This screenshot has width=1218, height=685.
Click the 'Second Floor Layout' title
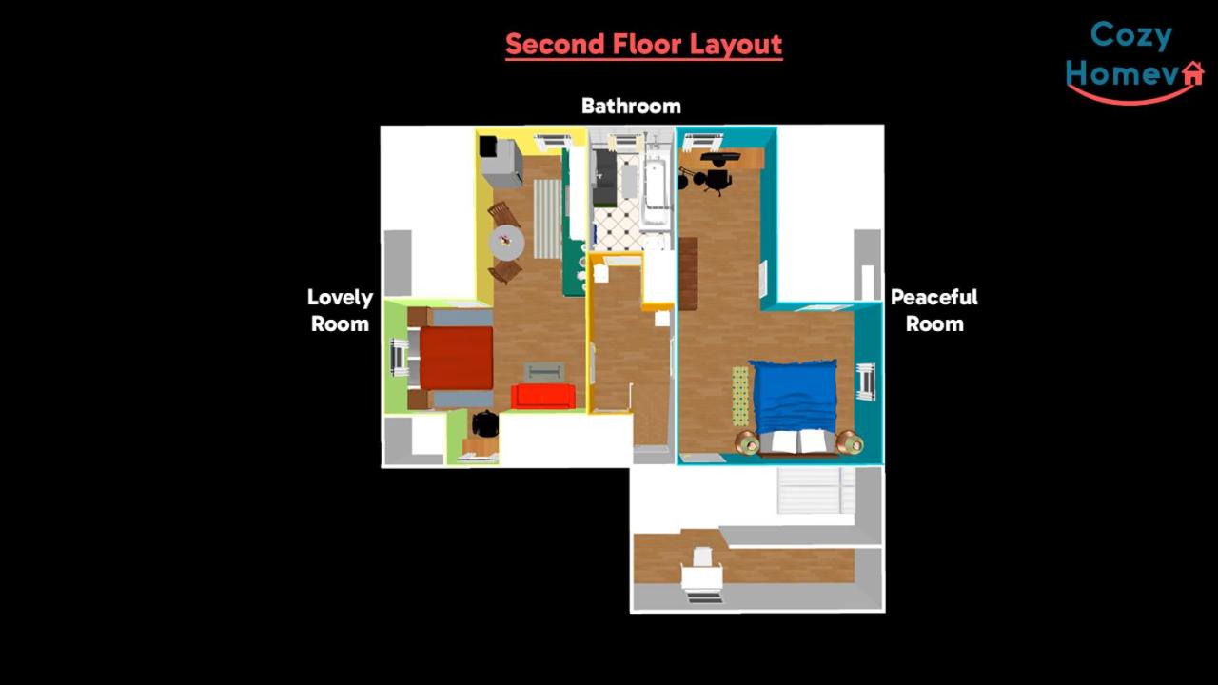point(644,45)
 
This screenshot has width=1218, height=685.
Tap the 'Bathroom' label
point(631,106)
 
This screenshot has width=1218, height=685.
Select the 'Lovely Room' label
point(341,310)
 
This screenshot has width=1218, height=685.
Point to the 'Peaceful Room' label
point(934,310)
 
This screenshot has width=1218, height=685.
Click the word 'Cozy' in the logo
point(1131,36)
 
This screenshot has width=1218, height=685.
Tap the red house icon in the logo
point(1193,73)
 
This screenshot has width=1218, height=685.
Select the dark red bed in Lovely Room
point(456,358)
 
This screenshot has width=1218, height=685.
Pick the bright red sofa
point(542,397)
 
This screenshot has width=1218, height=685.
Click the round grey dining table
point(507,243)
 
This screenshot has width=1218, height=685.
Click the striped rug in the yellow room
point(547,219)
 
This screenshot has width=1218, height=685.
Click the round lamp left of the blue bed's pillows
point(747,442)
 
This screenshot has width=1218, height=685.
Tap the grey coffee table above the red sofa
point(543,372)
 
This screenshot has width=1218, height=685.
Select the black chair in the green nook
point(485,424)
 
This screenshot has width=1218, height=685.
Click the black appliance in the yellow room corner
point(487,147)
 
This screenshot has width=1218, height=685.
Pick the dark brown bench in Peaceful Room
point(688,273)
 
